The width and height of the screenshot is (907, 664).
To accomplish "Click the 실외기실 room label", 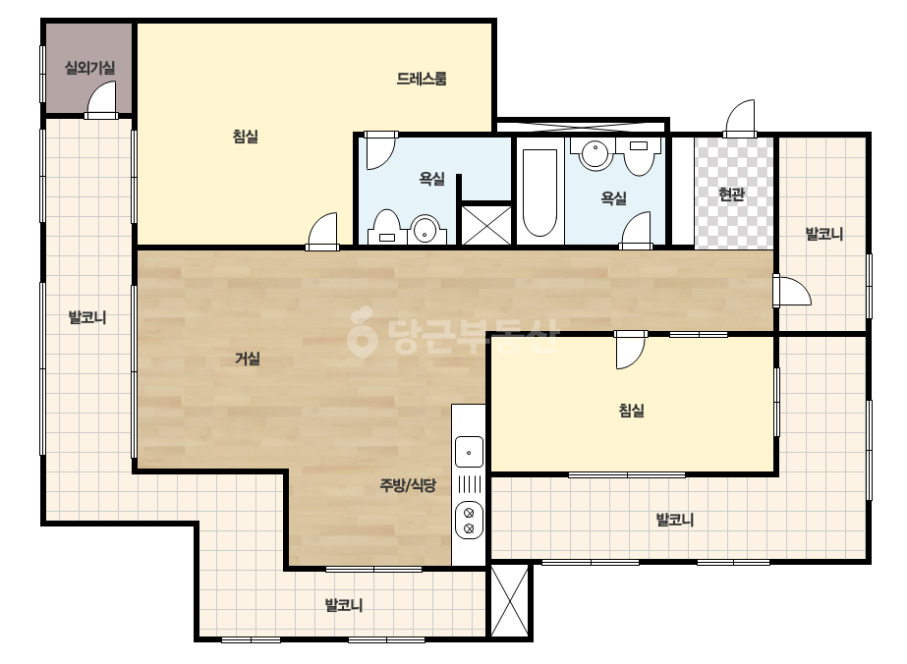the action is (89, 68).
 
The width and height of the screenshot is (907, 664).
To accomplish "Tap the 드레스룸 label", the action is (422, 79).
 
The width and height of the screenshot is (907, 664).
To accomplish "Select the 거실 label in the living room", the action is (247, 359).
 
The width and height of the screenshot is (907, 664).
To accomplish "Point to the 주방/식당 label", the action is (407, 485).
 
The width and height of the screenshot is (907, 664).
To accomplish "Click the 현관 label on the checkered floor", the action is (731, 194).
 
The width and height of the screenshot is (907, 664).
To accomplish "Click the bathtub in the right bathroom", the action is (539, 193).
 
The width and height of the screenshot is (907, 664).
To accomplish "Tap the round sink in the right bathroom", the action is (595, 154).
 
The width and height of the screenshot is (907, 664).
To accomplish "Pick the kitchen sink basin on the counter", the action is (469, 452).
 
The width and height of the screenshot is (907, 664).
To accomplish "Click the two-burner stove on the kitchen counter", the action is (469, 520).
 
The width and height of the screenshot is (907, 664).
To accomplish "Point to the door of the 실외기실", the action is (102, 99).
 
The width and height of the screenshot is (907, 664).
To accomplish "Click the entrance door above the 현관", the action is (740, 119).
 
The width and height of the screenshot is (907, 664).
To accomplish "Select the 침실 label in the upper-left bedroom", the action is (246, 137).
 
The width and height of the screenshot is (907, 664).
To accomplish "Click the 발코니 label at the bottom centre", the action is (344, 606).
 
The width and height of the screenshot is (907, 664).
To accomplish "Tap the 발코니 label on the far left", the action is (87, 317).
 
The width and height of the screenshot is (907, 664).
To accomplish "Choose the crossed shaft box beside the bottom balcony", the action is (510, 600).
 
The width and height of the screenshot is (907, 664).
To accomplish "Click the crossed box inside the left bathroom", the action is (486, 225).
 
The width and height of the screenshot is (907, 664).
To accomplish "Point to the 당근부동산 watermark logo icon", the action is (362, 331).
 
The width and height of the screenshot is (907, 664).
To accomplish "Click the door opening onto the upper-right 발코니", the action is (792, 291).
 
